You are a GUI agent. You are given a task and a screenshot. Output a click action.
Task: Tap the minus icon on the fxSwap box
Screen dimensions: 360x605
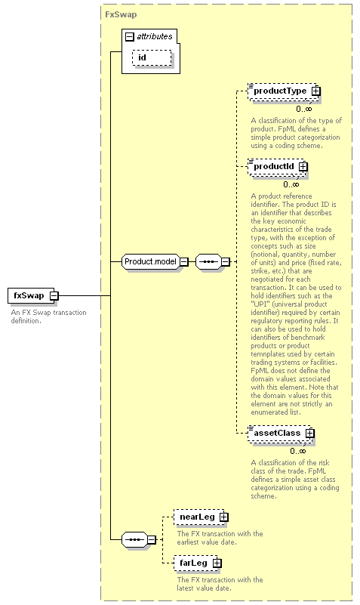pos(54,296)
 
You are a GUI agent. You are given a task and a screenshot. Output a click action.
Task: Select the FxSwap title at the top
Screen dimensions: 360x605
pos(121,14)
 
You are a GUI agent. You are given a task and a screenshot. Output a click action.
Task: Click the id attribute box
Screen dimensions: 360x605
pos(152,58)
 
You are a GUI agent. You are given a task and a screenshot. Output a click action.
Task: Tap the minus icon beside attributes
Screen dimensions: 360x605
pos(130,37)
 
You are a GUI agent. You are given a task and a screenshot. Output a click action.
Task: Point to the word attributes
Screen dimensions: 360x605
pos(155,36)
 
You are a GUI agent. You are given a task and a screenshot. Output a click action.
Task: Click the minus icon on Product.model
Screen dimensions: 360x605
pos(184,261)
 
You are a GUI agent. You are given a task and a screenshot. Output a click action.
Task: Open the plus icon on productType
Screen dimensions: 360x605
pos(316,91)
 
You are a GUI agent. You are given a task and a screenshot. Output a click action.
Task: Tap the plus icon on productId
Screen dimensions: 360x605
pos(303,167)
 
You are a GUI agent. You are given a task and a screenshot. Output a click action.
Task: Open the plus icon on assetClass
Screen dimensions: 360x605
pos(310,434)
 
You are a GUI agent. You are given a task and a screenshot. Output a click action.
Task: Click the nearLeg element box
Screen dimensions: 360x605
pos(199,517)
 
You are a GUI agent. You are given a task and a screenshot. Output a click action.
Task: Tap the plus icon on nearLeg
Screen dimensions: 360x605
pos(224,517)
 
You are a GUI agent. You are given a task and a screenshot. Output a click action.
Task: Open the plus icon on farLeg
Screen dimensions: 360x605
pos(217,563)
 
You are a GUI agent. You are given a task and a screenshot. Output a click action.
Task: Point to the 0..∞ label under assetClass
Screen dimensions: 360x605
pos(298,451)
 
